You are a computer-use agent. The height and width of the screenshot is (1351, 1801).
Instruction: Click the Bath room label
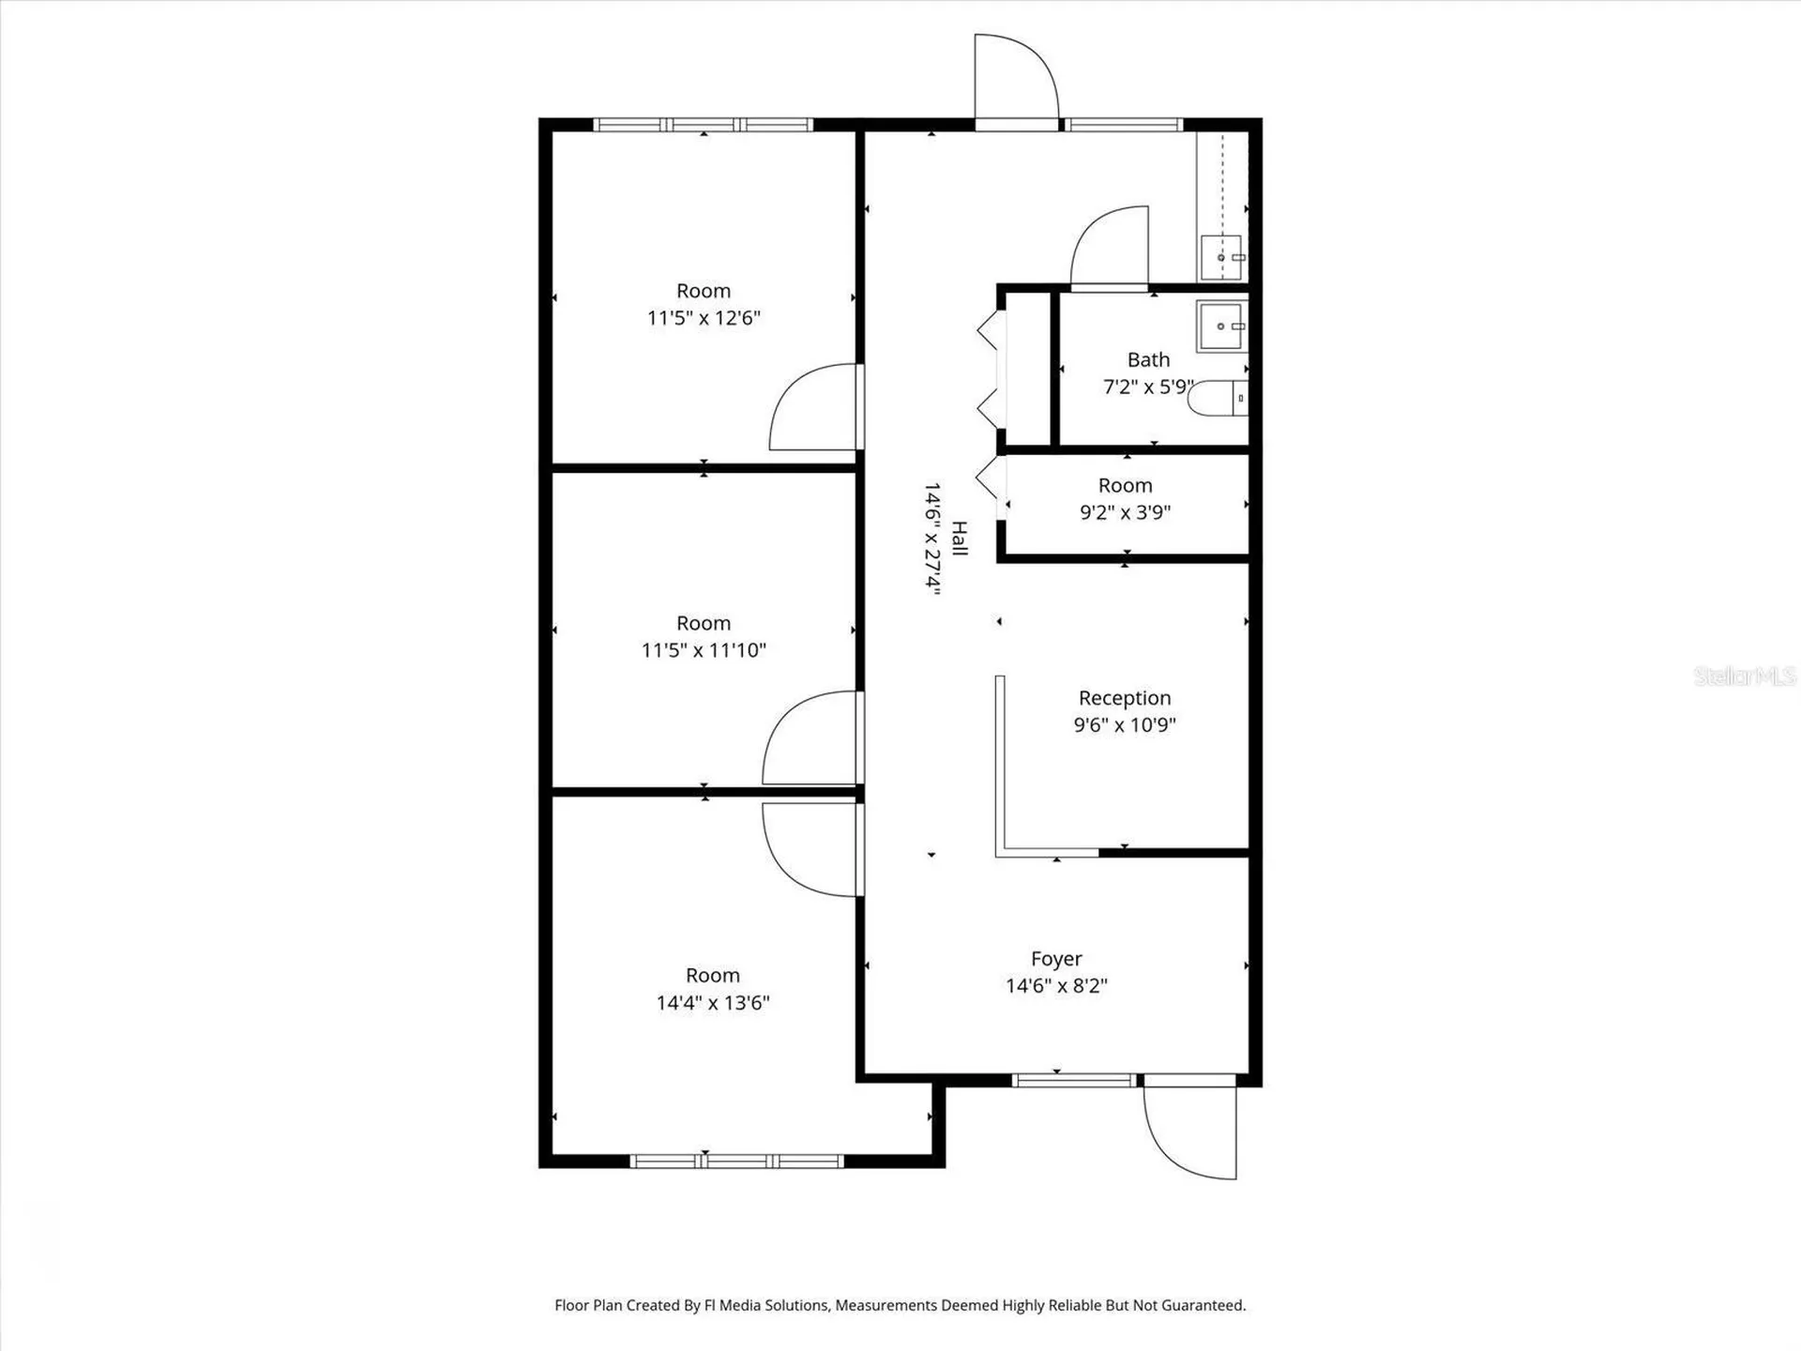(x=1148, y=359)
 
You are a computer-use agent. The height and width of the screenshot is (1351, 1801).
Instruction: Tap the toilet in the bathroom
(x=1218, y=399)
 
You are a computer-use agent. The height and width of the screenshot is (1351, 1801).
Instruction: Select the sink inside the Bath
(x=1221, y=326)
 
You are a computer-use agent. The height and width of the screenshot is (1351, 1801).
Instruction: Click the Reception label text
(x=1125, y=698)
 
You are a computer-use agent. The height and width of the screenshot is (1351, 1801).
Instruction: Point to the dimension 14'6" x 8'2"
(x=1056, y=985)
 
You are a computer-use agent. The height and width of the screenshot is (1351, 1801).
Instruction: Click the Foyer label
(x=1056, y=959)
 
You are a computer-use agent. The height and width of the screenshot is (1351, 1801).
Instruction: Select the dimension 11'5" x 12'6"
(x=704, y=318)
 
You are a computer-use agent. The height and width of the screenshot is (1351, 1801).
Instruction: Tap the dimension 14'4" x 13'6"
(x=713, y=1003)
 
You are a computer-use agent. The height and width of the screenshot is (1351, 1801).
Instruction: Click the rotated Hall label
(x=959, y=539)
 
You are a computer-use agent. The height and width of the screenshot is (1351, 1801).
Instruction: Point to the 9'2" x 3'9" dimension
(x=1125, y=512)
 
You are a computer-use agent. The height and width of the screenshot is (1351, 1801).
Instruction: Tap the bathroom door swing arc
(x=1110, y=246)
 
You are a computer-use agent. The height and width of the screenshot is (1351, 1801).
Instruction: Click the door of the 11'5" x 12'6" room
(x=812, y=408)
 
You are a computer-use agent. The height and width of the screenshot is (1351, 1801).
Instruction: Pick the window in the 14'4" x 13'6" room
(x=736, y=1161)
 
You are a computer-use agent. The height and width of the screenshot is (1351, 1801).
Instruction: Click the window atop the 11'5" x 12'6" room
(x=704, y=125)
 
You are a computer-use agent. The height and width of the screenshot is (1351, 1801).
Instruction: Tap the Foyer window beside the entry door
(x=1075, y=1081)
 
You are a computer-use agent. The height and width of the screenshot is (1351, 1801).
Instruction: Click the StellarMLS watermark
(x=1744, y=675)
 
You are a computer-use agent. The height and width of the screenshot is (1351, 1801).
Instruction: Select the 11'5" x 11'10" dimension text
(x=704, y=650)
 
